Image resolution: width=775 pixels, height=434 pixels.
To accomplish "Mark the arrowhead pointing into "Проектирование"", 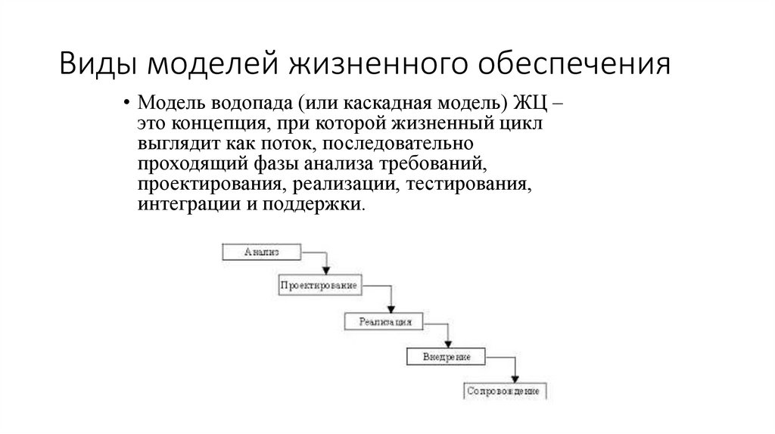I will point(326,271).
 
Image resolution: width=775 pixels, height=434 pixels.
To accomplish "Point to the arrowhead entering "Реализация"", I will point(391,306).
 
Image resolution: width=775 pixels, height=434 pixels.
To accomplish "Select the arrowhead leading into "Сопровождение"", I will point(515,377).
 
